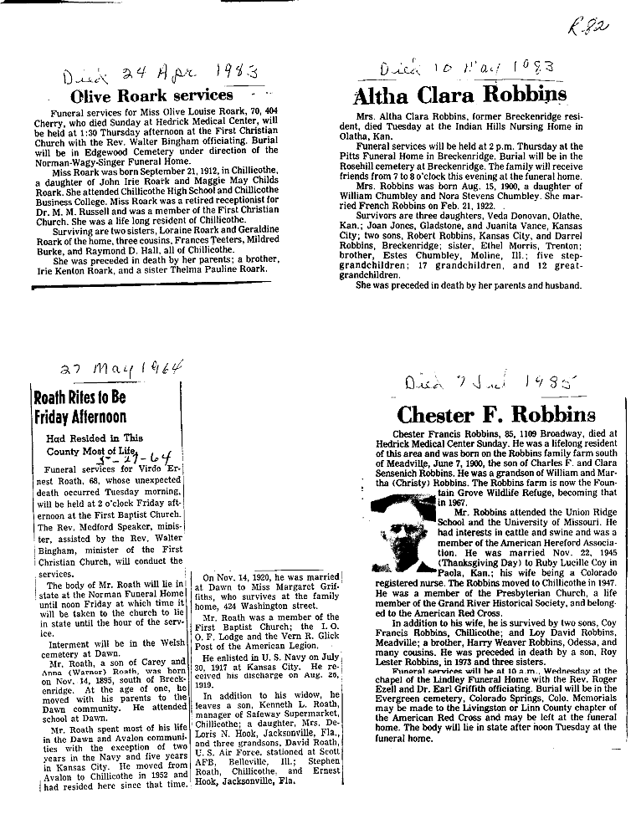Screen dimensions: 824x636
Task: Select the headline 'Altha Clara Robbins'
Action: coord(461,94)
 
